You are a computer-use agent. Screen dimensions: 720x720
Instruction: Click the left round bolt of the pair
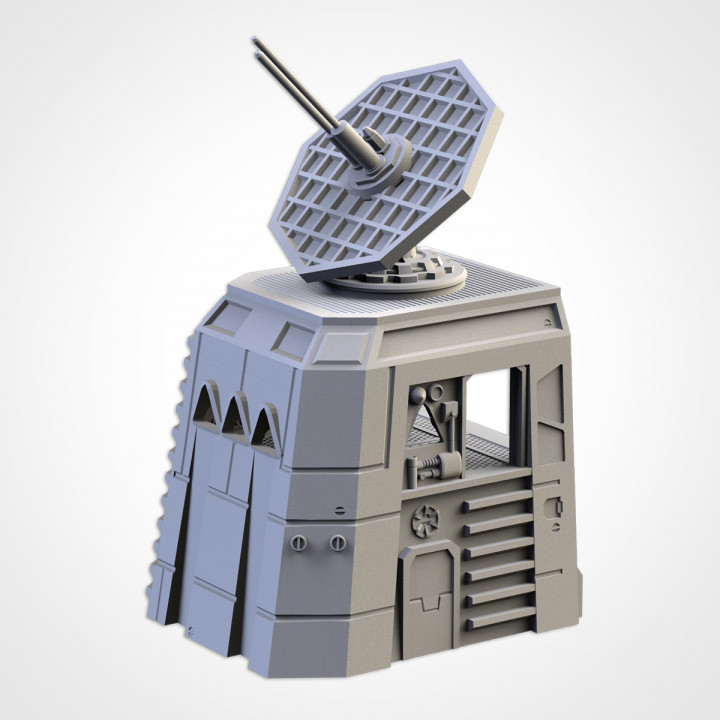[x=298, y=541]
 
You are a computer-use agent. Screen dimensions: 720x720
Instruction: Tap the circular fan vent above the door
[x=426, y=520]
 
